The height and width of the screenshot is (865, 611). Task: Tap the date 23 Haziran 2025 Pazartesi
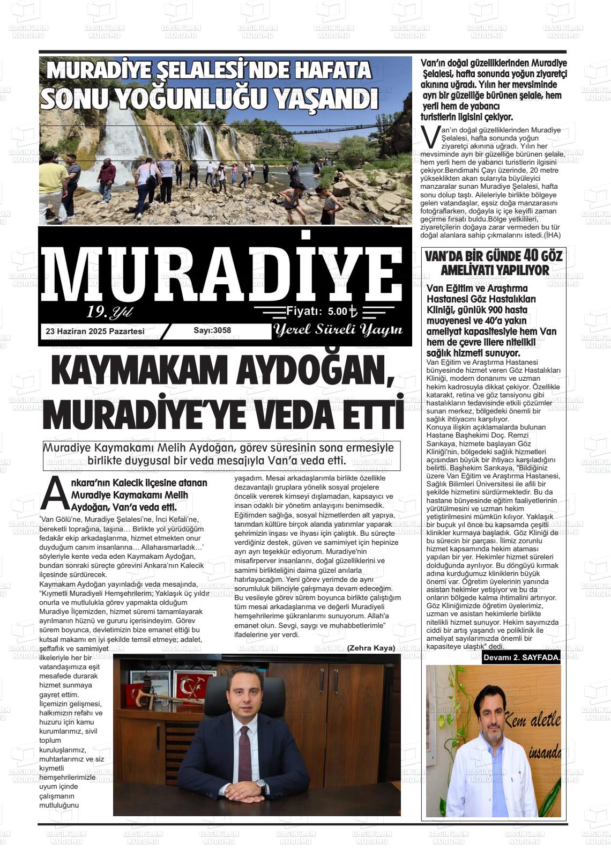point(95,331)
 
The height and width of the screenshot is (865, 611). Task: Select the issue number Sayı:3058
point(212,330)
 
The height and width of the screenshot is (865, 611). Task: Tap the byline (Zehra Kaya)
point(371,648)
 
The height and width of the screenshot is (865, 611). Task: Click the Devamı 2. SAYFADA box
point(521,657)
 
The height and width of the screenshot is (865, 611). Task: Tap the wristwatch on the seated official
point(261,787)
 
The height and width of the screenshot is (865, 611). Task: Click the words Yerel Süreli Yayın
point(338,330)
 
